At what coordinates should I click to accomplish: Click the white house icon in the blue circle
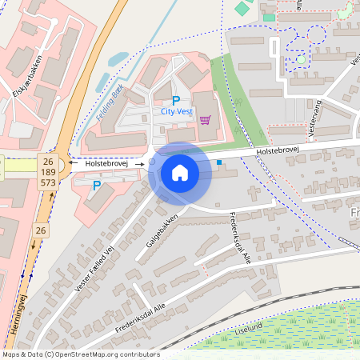point(180,172)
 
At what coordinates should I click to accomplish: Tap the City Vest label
point(177,113)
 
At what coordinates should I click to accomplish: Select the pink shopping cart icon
point(206,120)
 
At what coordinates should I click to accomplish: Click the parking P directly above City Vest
point(176,101)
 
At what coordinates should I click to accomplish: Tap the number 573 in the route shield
point(47,183)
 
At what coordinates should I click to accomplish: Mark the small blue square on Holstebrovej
point(219,162)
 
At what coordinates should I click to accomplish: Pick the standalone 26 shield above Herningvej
point(39,230)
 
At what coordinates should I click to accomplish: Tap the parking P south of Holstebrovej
point(97,186)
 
